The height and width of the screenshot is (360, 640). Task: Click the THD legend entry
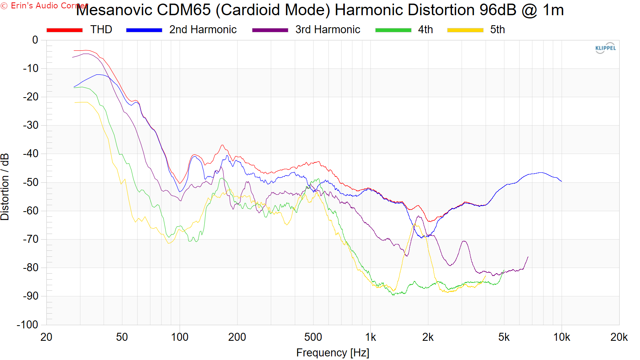coord(80,30)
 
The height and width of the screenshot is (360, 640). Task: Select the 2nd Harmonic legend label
coord(203,30)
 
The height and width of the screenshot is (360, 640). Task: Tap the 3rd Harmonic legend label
coord(328,30)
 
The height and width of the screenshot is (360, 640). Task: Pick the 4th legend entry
coord(404,30)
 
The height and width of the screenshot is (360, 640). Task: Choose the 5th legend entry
coord(476,30)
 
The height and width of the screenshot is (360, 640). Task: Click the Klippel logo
coord(606,48)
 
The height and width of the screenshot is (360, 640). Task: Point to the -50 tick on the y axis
coord(30,182)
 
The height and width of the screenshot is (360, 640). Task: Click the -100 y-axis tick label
coord(28,324)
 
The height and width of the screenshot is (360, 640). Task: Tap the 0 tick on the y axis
coord(35,40)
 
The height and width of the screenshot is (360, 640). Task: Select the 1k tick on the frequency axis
coord(370,338)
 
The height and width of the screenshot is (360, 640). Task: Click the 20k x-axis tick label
coord(619,338)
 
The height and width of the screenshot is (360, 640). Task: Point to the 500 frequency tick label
coord(313,338)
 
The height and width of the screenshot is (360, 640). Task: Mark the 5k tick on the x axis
coord(504,338)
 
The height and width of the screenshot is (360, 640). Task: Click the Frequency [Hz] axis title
coord(332,353)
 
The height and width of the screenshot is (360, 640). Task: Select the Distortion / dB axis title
coord(5,187)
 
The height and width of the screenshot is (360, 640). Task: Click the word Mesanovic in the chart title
coord(114,10)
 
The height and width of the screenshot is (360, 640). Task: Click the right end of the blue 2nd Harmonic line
coord(562,181)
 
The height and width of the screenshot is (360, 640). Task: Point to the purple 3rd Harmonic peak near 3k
coord(464,242)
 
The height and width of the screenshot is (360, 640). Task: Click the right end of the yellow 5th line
coord(486,276)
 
